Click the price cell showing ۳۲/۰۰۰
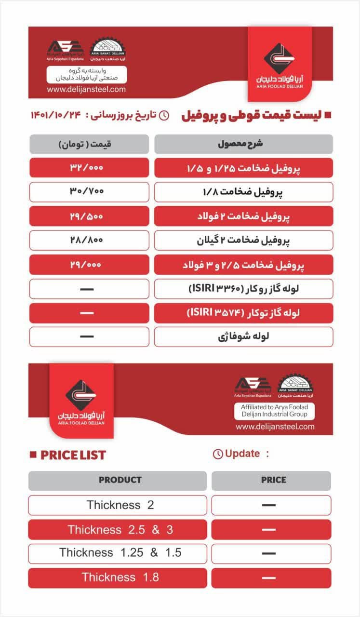(89, 168)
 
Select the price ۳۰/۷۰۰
(89, 192)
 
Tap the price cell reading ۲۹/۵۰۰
(89, 216)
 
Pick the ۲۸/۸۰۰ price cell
(89, 240)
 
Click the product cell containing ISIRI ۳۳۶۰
(243, 289)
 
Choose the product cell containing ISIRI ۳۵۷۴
(243, 313)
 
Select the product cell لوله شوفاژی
(243, 336)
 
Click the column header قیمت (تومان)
(89, 144)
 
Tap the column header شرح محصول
(243, 144)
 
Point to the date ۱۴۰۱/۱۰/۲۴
(56, 115)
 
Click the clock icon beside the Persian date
(164, 115)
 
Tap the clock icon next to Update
(218, 454)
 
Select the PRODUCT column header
(120, 480)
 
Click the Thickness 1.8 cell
(120, 577)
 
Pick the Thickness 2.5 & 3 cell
(120, 530)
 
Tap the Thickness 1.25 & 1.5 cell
(120, 553)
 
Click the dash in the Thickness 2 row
(269, 505)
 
